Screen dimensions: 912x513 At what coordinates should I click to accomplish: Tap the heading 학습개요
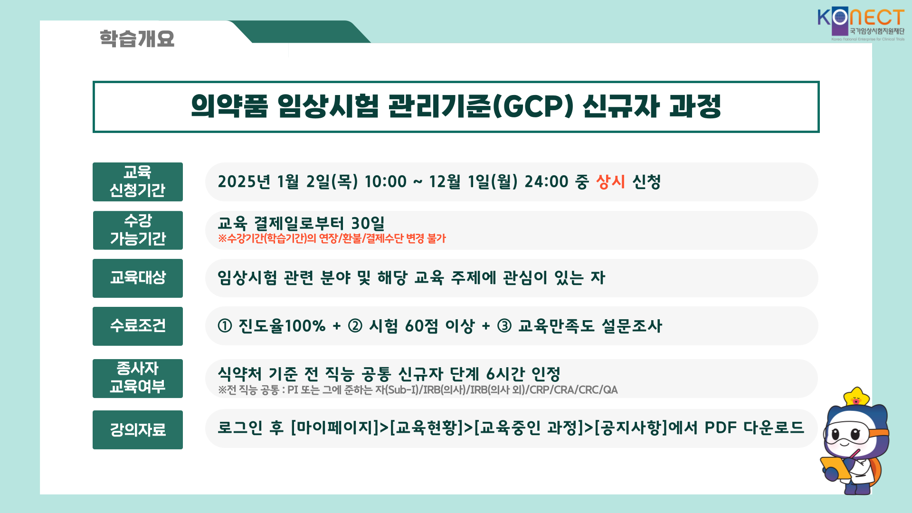pyautogui.click(x=137, y=38)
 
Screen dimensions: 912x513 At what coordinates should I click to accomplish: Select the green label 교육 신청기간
pyautogui.click(x=138, y=182)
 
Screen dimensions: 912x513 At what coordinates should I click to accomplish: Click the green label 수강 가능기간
pyautogui.click(x=138, y=230)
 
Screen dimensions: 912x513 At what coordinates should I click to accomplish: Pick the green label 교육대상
pyautogui.click(x=138, y=278)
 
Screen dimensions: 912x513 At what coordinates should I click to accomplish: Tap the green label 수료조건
pyautogui.click(x=138, y=326)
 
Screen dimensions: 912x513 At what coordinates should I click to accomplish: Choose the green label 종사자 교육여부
pyautogui.click(x=138, y=379)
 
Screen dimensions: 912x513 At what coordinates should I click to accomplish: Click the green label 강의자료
pyautogui.click(x=138, y=430)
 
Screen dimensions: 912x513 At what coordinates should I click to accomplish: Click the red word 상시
pyautogui.click(x=610, y=181)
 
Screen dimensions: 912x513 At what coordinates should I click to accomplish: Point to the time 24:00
pyautogui.click(x=546, y=181)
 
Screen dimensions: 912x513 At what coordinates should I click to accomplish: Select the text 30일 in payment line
pyautogui.click(x=368, y=223)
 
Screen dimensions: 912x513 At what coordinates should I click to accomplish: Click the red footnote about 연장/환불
pyautogui.click(x=332, y=238)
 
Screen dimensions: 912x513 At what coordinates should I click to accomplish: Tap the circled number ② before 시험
pyautogui.click(x=355, y=326)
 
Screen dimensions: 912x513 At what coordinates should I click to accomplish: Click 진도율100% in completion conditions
pyautogui.click(x=282, y=326)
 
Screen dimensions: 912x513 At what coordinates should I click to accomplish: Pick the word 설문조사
pyautogui.click(x=632, y=326)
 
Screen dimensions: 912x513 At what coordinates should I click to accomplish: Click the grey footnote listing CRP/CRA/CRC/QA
pyautogui.click(x=418, y=390)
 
